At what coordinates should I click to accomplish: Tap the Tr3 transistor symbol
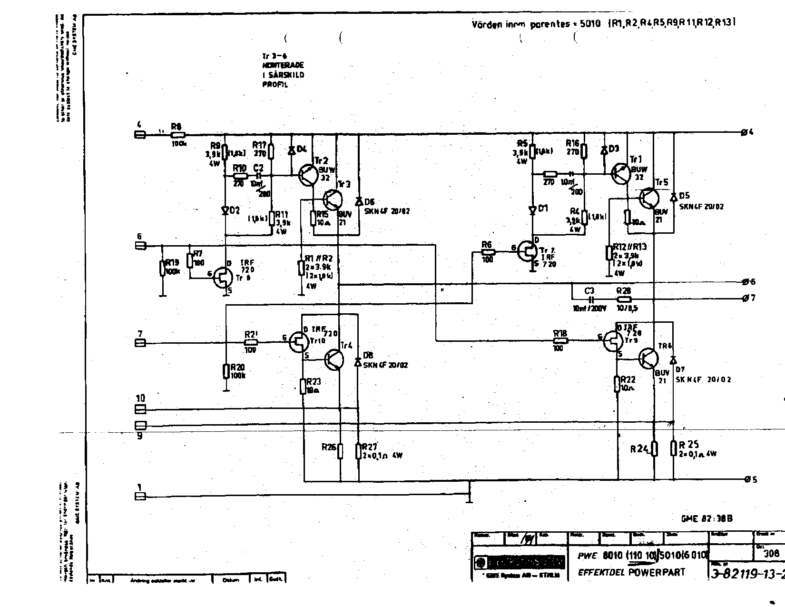point(333,199)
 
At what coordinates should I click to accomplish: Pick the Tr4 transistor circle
point(335,359)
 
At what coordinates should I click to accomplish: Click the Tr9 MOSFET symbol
point(613,341)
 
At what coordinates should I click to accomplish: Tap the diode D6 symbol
point(359,200)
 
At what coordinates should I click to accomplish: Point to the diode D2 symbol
point(225,210)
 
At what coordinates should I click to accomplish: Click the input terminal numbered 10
point(140,409)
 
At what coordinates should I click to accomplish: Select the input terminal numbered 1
point(140,496)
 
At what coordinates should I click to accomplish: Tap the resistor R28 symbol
point(624,299)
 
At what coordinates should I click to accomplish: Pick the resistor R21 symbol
point(251,342)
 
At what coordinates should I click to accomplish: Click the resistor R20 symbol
point(226,371)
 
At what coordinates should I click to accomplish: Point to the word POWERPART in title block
point(656,572)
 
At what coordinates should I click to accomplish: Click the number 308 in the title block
point(771,553)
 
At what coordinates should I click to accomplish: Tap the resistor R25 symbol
point(674,448)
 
